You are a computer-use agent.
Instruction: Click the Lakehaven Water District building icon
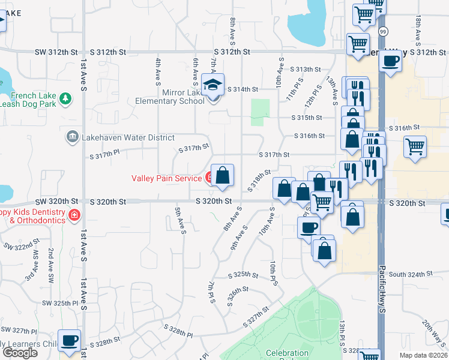coord(72,137)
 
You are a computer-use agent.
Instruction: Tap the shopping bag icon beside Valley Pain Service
coord(222,175)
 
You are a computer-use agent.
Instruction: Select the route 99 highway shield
coord(384,31)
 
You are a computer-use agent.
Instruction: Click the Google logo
coord(20,352)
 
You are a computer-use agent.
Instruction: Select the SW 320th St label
coord(56,202)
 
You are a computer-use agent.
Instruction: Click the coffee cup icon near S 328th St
coord(69,340)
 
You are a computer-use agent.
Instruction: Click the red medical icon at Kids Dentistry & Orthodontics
coord(74,215)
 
